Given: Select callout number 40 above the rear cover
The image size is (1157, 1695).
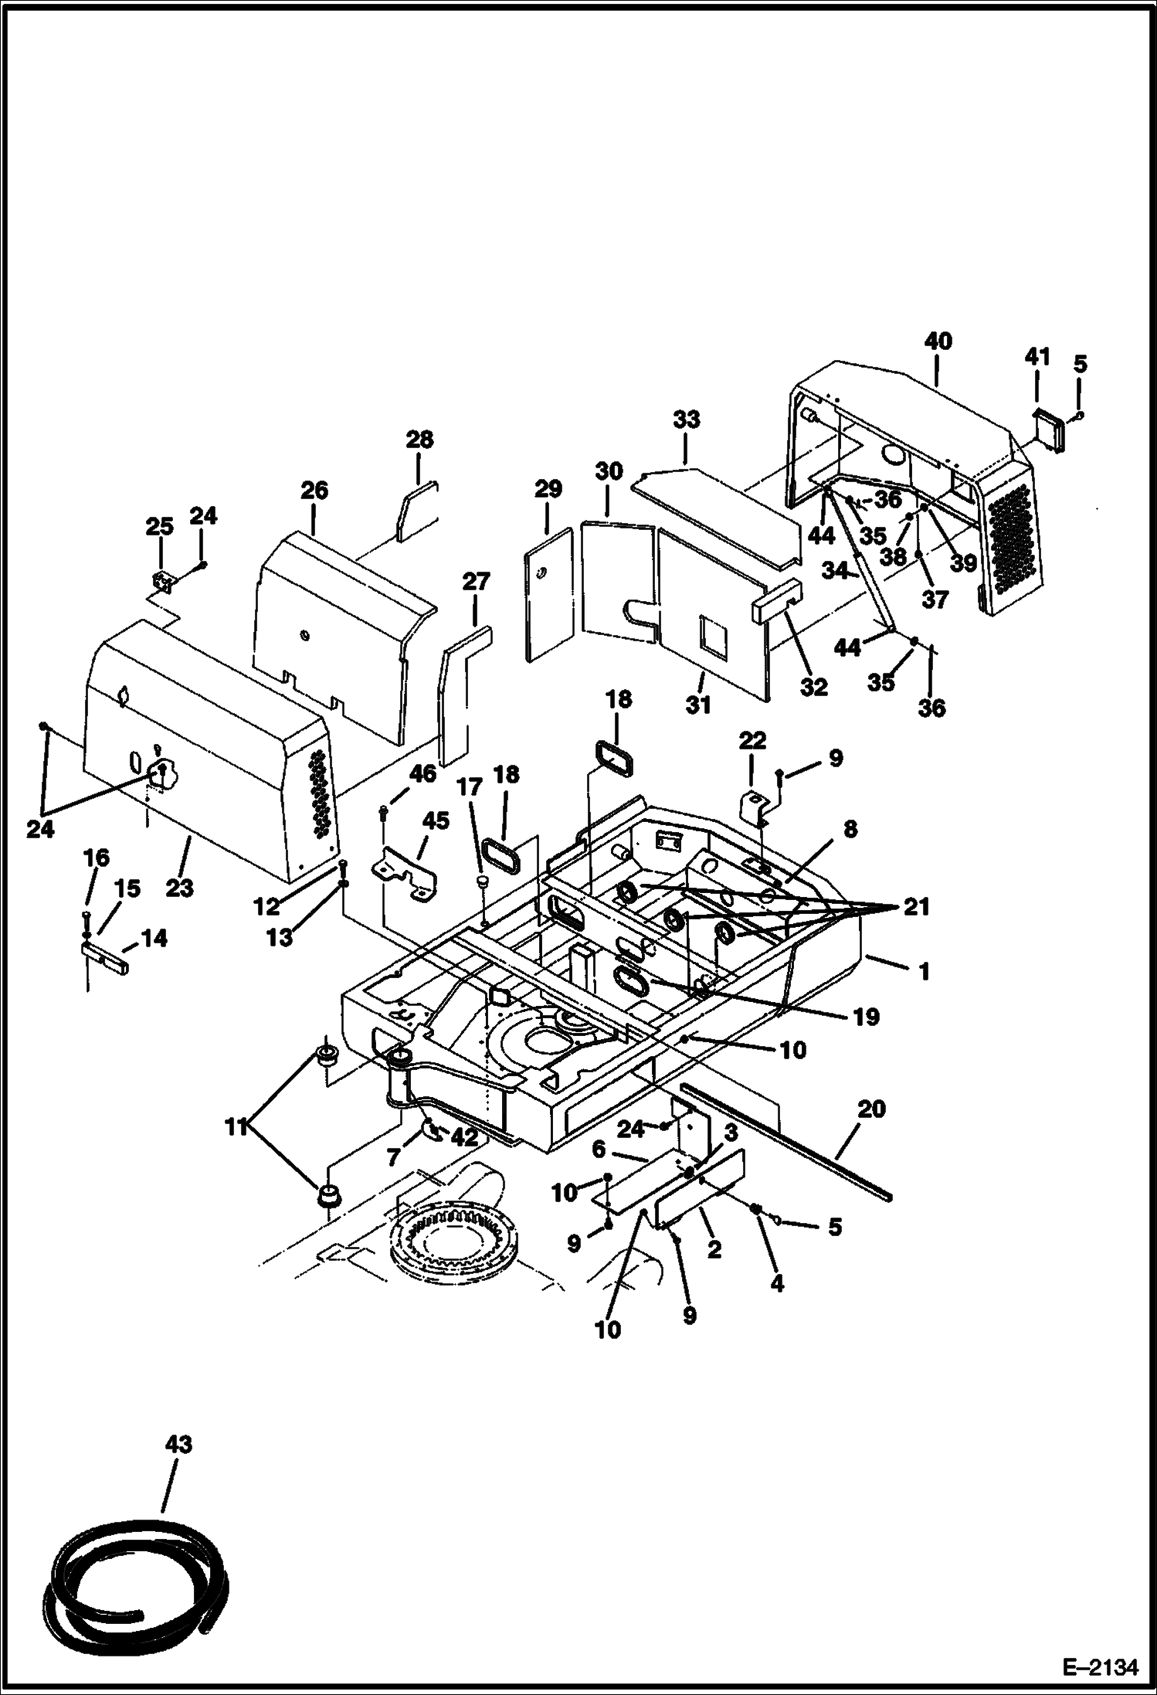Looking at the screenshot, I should pos(938,341).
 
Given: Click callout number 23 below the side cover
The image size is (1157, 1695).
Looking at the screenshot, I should pos(179,888).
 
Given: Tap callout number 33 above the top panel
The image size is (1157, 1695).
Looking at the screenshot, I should pos(686,420).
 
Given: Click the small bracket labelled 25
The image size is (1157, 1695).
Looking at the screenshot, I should pos(161,580).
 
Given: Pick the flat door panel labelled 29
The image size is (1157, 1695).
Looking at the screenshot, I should pos(548,595).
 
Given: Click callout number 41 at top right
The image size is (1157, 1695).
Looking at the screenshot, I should pos(1037,357).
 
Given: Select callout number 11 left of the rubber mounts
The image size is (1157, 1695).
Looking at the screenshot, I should pos(236,1128).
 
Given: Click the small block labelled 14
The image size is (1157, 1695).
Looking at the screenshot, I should pos(105,956).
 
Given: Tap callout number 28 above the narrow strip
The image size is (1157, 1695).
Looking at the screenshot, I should pos(419,440).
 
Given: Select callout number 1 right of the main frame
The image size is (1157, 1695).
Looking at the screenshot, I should pos(923,971).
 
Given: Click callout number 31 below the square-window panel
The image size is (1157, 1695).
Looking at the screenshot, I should pos(698,705).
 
